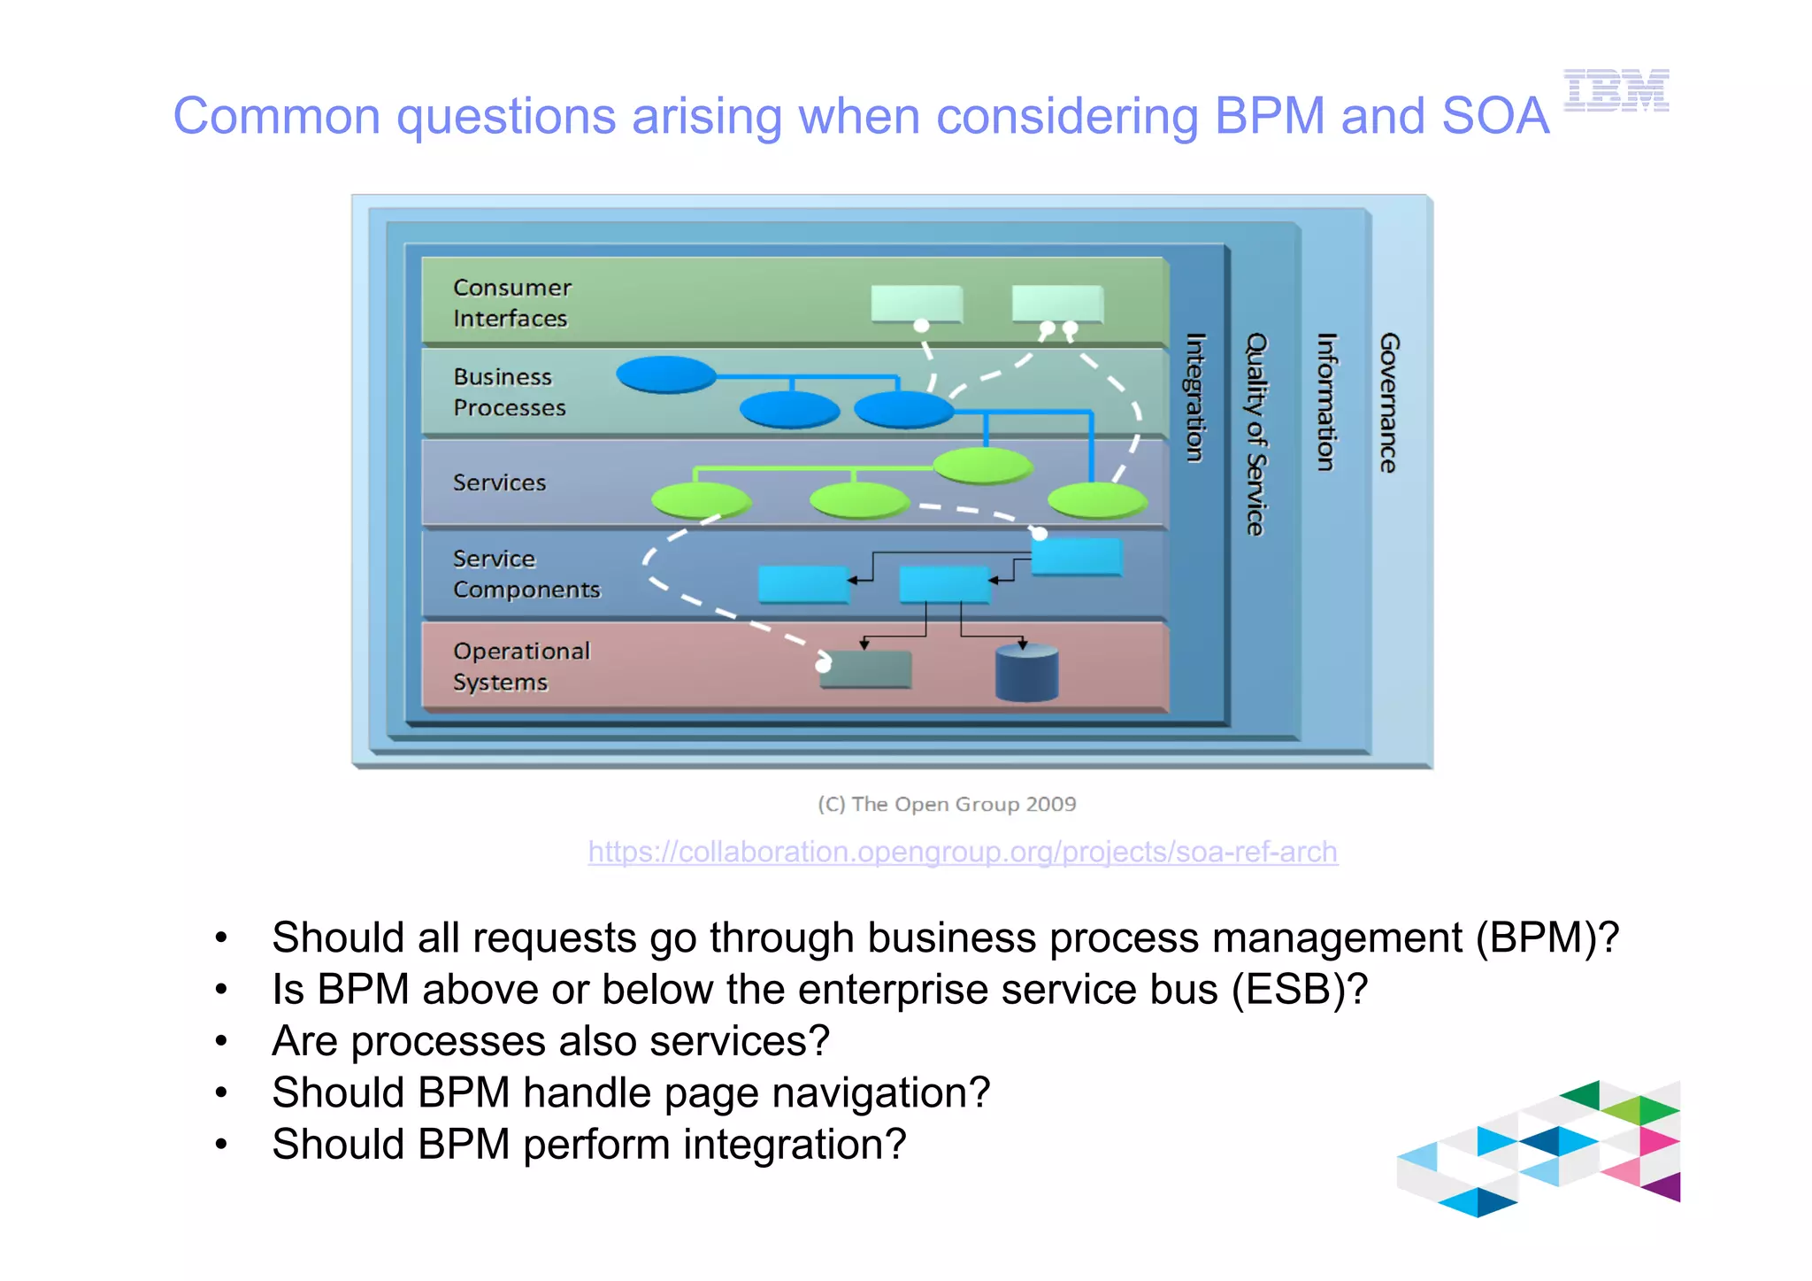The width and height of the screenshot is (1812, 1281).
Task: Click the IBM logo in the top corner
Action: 1616,90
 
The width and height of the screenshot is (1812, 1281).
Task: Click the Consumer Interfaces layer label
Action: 511,303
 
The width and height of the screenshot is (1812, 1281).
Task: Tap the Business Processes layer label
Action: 509,392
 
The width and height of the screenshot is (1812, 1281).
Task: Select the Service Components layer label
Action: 526,574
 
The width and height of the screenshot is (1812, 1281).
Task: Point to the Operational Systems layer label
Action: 520,666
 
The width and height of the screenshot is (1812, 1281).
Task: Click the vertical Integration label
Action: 1195,397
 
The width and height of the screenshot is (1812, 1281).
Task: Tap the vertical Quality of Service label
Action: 1256,434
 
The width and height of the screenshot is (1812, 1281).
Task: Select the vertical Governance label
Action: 1388,403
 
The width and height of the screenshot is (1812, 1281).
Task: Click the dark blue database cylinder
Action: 1026,673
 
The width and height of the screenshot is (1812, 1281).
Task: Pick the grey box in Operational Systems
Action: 866,669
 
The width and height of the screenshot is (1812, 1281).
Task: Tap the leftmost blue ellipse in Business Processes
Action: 665,374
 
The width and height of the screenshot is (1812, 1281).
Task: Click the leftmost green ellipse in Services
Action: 700,500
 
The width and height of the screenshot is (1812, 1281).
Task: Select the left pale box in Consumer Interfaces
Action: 916,303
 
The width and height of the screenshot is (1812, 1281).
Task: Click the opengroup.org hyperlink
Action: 963,852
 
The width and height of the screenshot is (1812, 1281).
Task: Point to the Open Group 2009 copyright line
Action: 947,804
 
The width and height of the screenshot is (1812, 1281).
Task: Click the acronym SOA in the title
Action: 1494,116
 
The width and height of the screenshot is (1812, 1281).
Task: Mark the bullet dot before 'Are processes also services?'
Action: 221,1041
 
